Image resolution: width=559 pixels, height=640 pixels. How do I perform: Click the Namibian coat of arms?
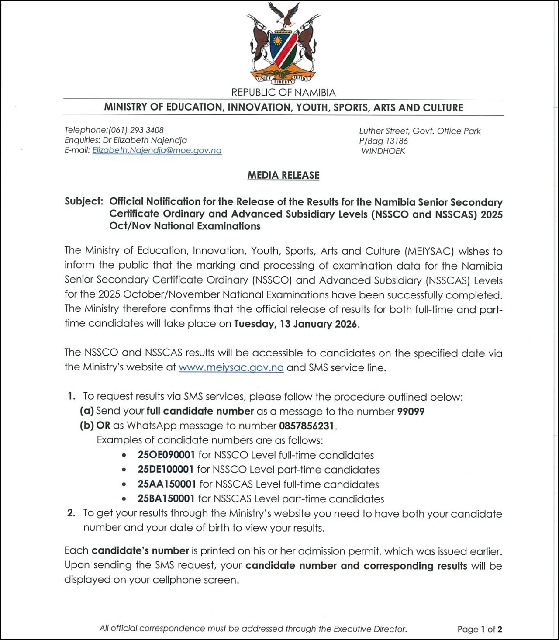click(283, 44)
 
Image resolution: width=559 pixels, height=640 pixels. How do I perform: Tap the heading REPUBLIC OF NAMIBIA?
click(283, 93)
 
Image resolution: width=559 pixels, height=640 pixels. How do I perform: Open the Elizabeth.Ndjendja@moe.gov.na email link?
click(157, 151)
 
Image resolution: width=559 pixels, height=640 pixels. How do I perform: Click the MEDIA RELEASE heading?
click(283, 175)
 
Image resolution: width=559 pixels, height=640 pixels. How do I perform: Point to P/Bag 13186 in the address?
click(383, 141)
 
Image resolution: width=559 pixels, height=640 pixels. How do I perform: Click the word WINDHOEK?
click(383, 151)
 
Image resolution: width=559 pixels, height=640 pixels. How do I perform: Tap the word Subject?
click(84, 201)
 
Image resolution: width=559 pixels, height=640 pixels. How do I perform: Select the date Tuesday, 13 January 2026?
click(296, 324)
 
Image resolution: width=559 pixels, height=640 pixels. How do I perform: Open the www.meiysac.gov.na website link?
click(231, 367)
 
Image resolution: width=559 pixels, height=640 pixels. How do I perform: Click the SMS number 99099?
click(411, 412)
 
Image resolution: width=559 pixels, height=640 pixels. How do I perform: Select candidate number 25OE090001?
click(166, 455)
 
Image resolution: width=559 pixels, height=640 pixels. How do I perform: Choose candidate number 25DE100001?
click(166, 470)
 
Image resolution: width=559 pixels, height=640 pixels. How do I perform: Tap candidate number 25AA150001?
click(167, 484)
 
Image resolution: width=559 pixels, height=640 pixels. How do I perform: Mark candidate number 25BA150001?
click(166, 499)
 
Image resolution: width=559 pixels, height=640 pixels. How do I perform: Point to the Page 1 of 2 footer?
click(480, 629)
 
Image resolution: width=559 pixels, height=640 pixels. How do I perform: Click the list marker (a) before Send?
click(86, 412)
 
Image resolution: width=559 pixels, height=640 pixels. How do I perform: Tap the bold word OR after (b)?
click(103, 426)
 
